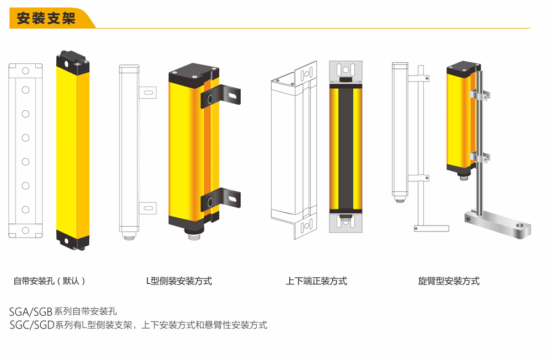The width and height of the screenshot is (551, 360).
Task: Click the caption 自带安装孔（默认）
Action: click(x=50, y=281)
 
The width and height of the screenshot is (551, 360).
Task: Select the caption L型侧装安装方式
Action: click(x=179, y=281)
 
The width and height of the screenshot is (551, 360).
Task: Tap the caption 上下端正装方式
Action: click(x=316, y=281)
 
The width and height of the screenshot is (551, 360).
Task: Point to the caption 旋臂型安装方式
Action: click(x=449, y=281)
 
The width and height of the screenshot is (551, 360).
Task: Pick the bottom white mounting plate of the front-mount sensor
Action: click(x=345, y=223)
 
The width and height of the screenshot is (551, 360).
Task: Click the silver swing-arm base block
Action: click(x=499, y=223)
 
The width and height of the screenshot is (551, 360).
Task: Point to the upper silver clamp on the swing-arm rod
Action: click(x=479, y=95)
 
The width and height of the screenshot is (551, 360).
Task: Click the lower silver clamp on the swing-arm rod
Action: click(x=479, y=158)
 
